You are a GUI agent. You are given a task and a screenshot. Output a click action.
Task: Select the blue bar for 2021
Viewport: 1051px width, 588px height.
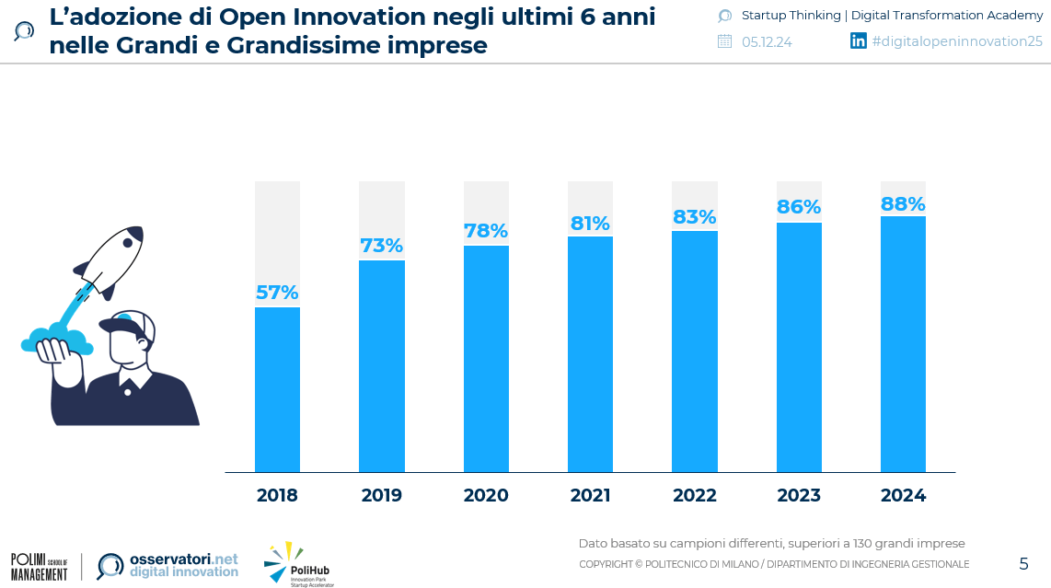pos(590,354)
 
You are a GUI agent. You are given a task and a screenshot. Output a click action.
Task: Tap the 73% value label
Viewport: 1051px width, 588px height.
pos(381,246)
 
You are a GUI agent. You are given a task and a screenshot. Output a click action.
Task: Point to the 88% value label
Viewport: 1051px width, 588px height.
pos(903,203)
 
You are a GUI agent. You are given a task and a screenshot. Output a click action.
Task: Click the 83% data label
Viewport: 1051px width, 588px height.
pos(694,217)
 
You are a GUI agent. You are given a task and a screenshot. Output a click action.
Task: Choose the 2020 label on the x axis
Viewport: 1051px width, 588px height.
pos(486,496)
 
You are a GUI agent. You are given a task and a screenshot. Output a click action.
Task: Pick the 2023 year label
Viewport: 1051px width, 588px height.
pos(799,496)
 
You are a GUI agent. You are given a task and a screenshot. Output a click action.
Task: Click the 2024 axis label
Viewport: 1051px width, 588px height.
pos(903,496)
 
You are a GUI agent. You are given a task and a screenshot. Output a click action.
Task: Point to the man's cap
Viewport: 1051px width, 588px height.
pos(126,322)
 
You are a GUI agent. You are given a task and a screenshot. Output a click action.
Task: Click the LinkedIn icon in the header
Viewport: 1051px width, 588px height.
pos(858,40)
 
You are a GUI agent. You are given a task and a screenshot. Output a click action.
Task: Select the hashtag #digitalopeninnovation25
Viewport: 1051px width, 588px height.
pos(956,41)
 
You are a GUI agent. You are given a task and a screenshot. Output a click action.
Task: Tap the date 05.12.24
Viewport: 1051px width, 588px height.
pos(767,41)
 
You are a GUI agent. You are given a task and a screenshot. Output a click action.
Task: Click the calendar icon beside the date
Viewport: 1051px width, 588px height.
pos(724,41)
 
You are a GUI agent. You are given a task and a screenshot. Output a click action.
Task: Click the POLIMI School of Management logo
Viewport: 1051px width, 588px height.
pos(40,566)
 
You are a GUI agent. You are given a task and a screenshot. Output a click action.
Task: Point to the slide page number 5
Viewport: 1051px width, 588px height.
pos(1023,564)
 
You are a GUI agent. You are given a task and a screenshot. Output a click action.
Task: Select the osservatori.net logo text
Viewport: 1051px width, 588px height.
pos(183,564)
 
